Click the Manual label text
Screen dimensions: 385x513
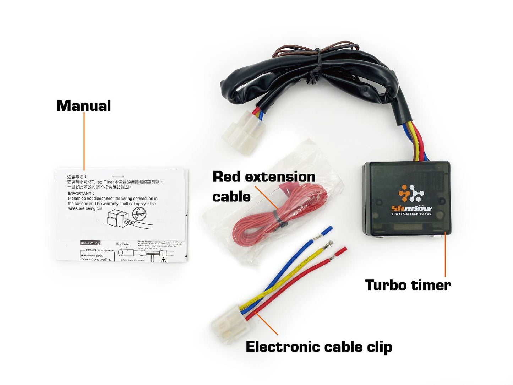coord(83,106)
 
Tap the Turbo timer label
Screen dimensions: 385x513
coord(408,285)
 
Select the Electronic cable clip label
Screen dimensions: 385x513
coord(318,347)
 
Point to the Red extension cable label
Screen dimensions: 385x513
coord(263,186)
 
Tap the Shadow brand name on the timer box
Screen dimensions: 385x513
coord(411,208)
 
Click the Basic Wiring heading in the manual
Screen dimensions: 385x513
coord(91,243)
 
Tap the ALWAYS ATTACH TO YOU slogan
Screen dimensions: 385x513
coord(411,214)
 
